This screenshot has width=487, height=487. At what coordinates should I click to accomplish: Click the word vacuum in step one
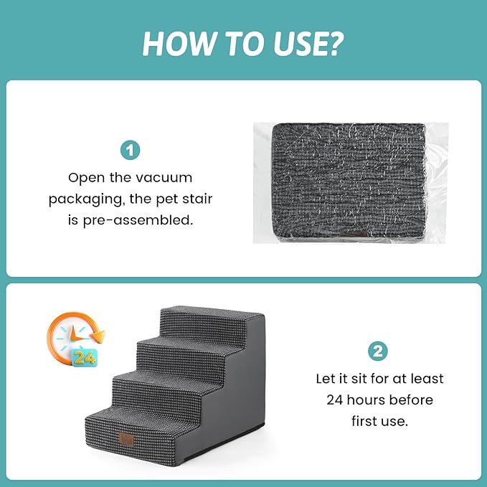point(166,176)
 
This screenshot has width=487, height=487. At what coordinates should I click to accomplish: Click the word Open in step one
point(85,176)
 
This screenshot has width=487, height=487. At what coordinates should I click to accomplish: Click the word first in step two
point(369,421)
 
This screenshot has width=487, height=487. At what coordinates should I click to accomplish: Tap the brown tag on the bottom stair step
point(127,438)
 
